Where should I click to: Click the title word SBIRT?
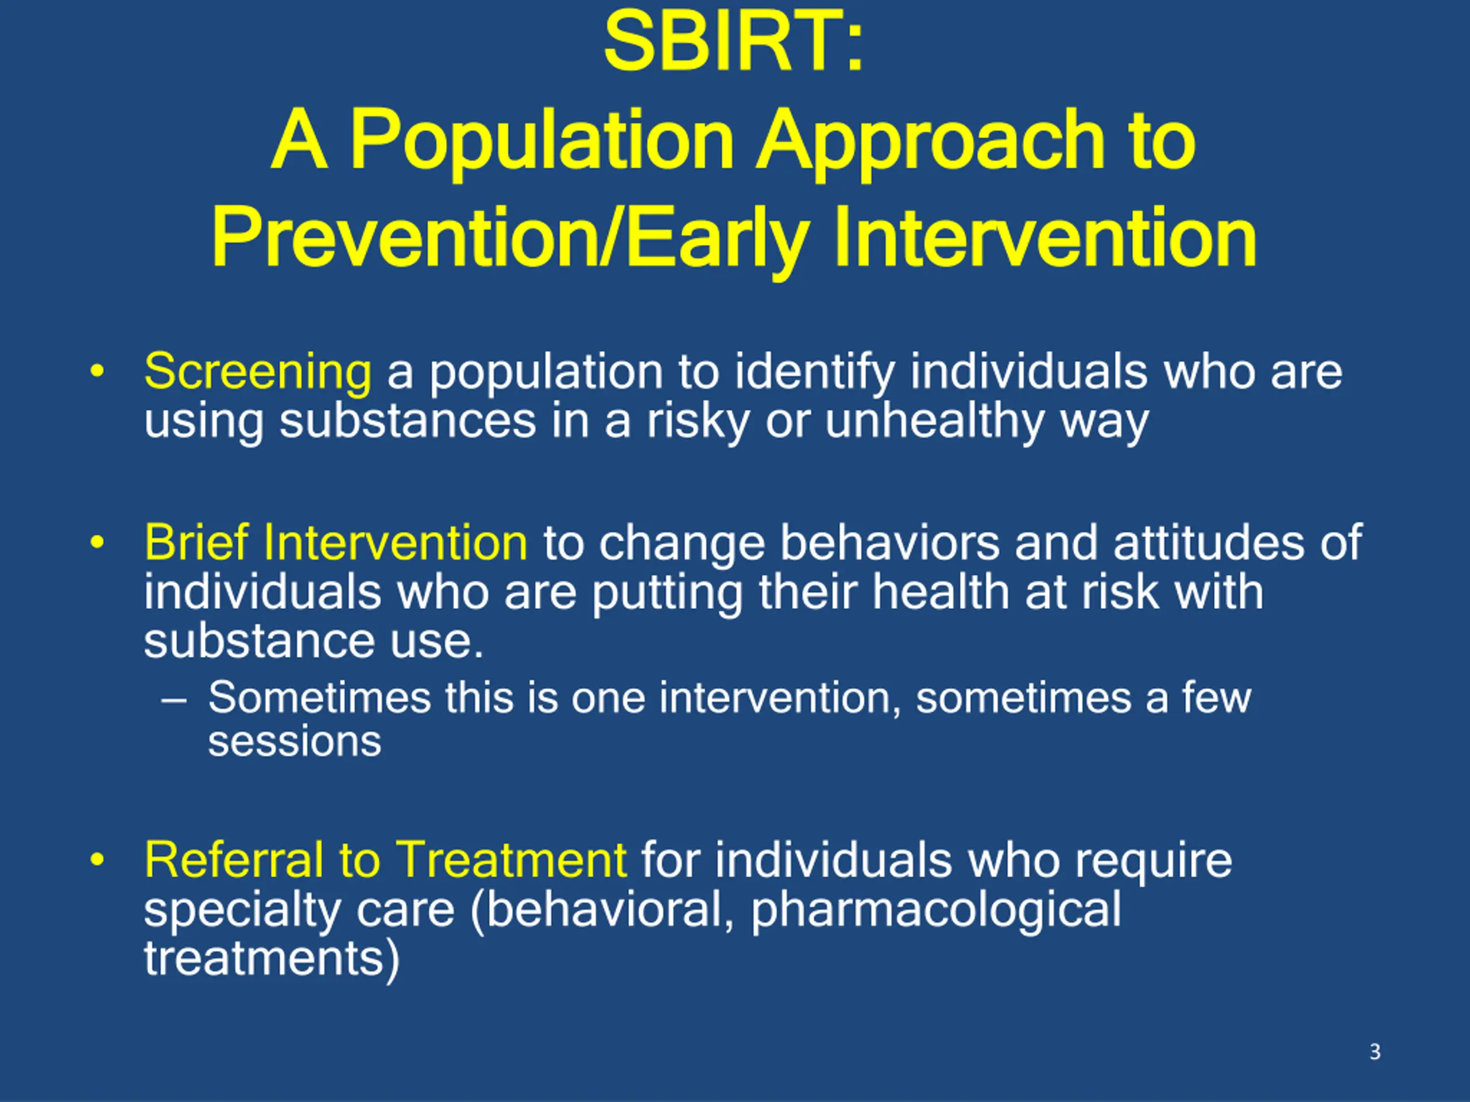click(x=734, y=42)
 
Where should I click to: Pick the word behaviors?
click(x=889, y=542)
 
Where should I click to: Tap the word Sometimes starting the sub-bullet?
click(x=320, y=698)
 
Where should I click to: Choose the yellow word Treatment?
click(x=513, y=860)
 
